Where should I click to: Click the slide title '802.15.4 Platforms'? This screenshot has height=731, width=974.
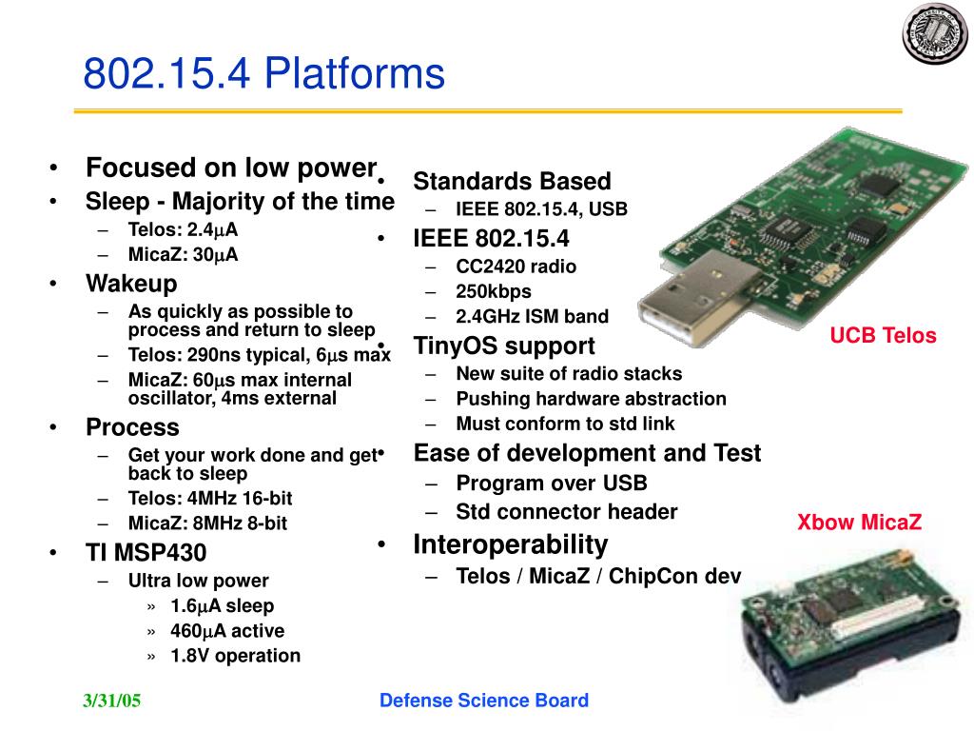263,73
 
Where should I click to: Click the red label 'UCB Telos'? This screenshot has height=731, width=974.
883,335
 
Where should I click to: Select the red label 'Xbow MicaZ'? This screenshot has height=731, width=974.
859,522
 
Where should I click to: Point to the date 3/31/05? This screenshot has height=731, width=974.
111,701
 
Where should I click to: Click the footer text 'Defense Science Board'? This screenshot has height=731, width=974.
484,701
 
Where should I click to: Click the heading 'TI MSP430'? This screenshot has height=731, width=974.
146,552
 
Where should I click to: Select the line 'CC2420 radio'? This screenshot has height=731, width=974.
516,267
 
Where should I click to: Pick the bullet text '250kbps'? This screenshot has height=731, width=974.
494,291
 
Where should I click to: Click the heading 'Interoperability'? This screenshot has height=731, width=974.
510,544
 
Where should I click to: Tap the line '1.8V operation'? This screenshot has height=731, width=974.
235,655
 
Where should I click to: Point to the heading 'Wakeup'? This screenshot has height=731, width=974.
131,284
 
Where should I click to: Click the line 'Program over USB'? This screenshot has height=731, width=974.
552,484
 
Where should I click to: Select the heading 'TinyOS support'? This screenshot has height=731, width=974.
504,346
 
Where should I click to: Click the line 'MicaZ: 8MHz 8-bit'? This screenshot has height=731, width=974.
207,523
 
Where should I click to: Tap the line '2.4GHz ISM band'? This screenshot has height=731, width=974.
532,316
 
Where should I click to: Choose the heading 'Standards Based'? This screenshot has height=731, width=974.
512,181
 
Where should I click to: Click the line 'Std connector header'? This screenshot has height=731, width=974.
567,512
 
